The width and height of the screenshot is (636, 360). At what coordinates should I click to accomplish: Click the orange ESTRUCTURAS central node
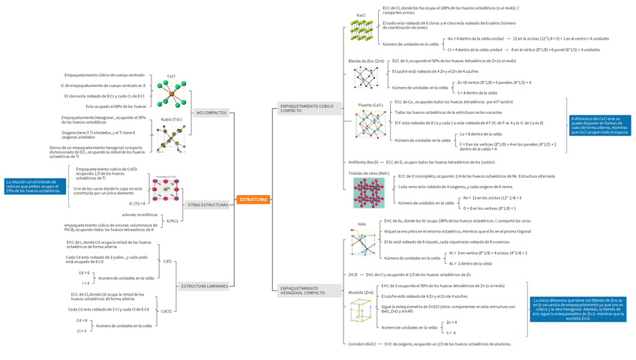[x=253, y=199]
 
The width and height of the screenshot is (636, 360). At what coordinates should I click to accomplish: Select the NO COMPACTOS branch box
[x=211, y=112]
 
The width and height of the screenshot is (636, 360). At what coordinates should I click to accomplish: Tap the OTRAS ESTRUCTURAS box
[x=208, y=205]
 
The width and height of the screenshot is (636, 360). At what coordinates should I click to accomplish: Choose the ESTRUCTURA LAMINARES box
[x=204, y=286]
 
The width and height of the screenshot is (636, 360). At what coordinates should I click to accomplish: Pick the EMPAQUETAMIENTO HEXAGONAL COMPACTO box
[x=303, y=289]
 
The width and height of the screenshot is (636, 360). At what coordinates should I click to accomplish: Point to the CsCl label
[x=171, y=75]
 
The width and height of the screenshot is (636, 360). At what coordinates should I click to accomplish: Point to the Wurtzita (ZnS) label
[x=361, y=292]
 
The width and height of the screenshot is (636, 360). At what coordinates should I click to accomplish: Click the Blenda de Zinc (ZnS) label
[x=366, y=60]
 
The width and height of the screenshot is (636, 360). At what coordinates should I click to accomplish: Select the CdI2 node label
[x=167, y=261]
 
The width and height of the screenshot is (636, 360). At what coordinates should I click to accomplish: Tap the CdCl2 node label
[x=166, y=310]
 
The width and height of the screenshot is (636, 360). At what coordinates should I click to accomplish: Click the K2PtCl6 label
[x=172, y=221]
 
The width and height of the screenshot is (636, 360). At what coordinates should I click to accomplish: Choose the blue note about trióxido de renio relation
[x=33, y=186]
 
